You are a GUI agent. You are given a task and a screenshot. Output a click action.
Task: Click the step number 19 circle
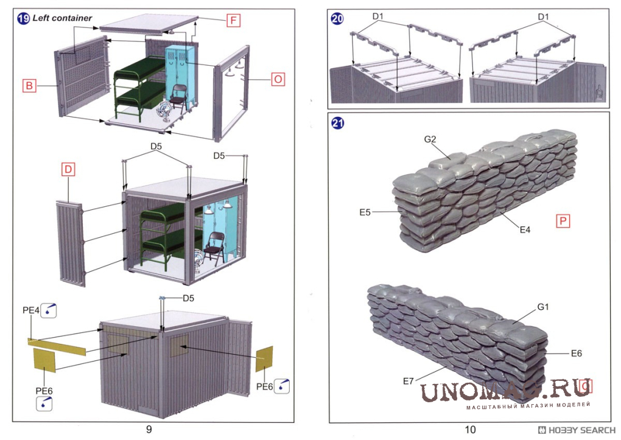coord(23,18)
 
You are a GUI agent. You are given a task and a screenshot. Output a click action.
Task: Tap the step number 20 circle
coord(337,19)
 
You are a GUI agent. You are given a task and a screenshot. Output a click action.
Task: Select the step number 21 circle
coord(337,123)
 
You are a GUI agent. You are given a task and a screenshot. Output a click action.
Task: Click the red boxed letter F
coord(233,21)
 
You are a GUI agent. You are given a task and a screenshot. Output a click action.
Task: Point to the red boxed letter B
coord(29,86)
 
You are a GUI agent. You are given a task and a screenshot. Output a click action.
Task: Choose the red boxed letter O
coord(278,79)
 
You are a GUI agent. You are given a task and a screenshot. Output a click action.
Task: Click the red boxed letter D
coord(68,170)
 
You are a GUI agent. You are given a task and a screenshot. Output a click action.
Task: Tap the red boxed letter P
coord(563,221)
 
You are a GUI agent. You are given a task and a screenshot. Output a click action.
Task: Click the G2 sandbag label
coord(430,139)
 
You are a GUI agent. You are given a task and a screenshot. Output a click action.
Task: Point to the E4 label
coord(525,229)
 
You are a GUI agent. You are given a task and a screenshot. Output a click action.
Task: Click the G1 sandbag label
coord(543,307)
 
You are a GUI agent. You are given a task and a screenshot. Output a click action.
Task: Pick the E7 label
coord(409,381)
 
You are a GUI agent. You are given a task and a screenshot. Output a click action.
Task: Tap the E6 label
coord(577,352)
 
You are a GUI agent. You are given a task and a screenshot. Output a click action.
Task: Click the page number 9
coord(149,430)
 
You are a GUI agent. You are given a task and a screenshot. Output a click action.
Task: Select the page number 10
coord(470,430)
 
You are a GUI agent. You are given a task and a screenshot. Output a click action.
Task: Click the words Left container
coord(63,18)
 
